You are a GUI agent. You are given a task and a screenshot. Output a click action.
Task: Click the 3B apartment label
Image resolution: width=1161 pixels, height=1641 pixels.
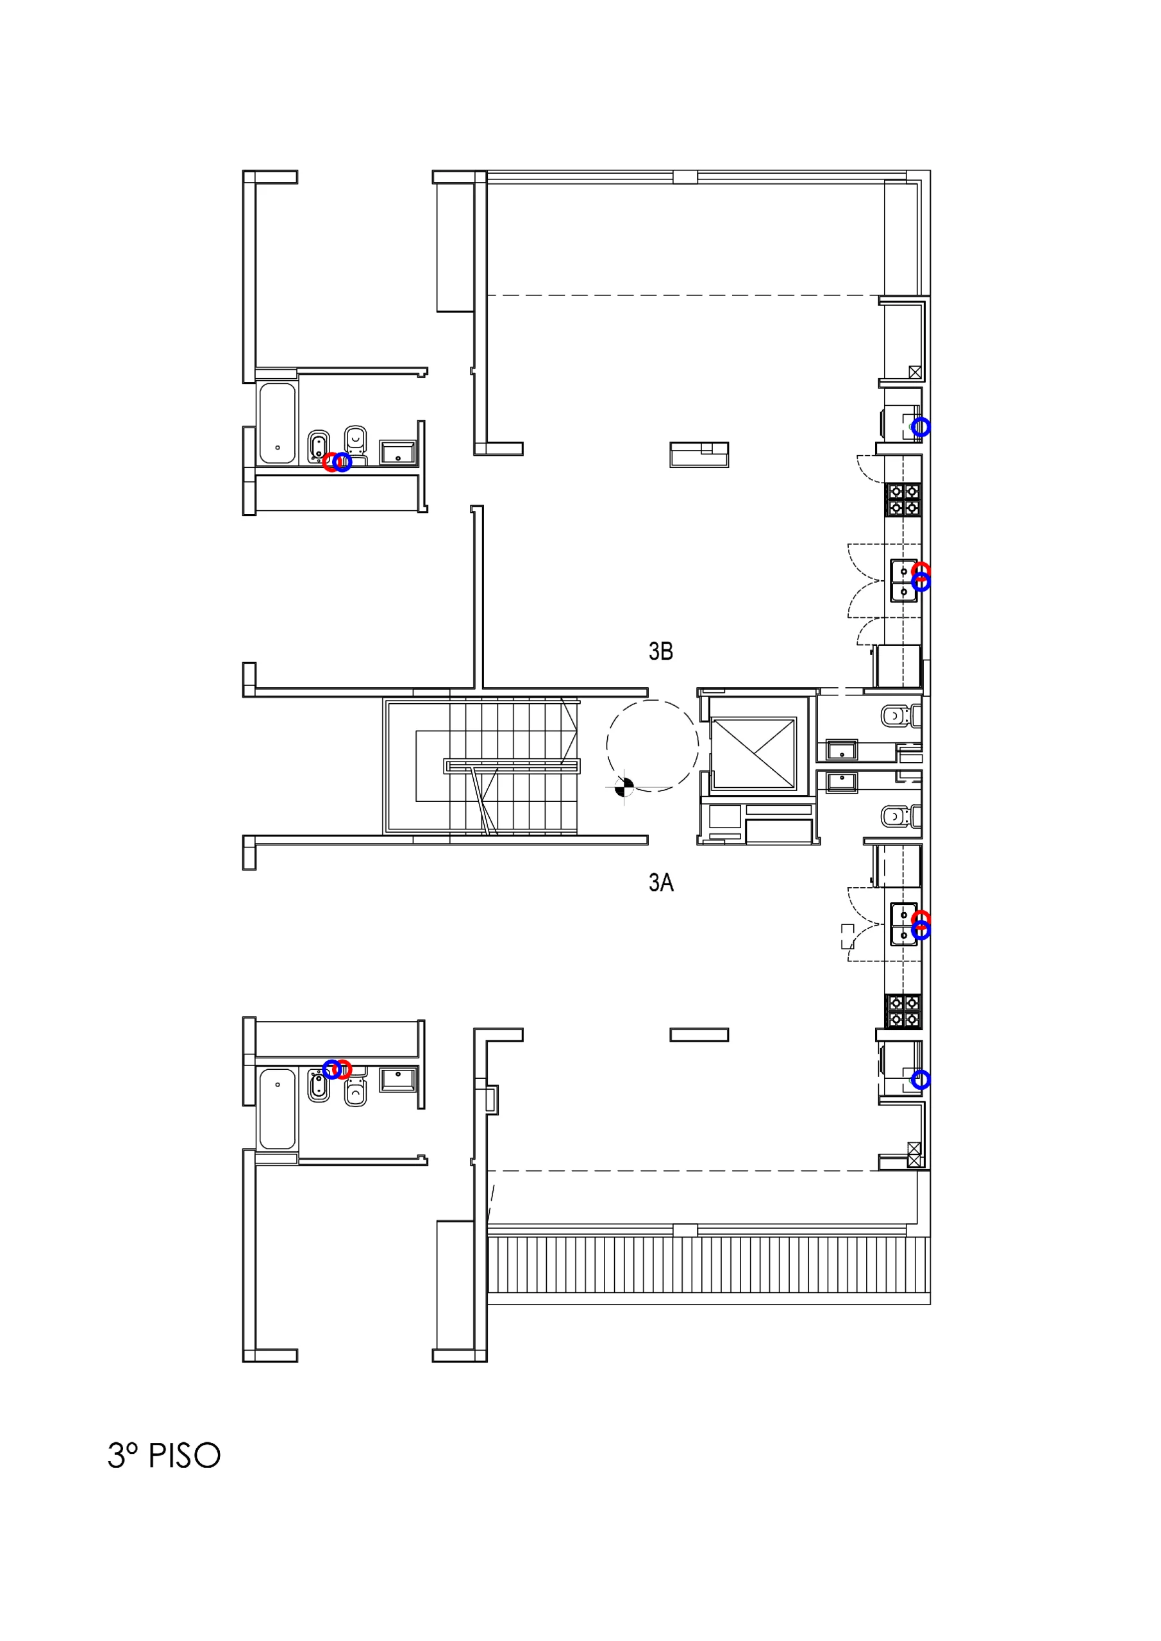(x=660, y=651)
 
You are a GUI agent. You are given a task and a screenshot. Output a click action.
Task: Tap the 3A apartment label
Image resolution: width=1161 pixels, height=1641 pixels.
(x=660, y=883)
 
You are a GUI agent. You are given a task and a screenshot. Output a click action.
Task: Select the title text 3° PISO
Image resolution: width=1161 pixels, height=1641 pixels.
(x=163, y=1455)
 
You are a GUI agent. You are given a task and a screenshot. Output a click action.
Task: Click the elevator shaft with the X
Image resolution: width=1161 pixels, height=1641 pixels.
(x=753, y=753)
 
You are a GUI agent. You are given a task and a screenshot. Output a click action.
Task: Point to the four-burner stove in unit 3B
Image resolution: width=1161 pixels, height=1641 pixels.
(x=903, y=499)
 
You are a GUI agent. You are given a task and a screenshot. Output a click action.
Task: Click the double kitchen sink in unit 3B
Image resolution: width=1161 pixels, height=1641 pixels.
(x=904, y=581)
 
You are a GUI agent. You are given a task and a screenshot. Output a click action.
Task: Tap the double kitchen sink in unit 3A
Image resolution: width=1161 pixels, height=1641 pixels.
(x=904, y=924)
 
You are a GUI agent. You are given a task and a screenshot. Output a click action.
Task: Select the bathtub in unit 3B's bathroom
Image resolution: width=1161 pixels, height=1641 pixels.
(x=278, y=423)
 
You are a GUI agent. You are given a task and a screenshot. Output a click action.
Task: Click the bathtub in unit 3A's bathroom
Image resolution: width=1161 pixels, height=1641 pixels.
(x=278, y=1108)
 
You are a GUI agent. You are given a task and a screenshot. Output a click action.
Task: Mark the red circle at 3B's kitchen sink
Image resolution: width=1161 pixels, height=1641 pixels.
(x=921, y=571)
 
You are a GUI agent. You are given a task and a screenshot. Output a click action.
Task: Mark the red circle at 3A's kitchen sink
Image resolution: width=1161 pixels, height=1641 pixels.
(x=921, y=919)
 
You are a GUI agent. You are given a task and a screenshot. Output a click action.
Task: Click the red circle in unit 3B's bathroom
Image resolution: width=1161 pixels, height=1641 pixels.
(x=330, y=462)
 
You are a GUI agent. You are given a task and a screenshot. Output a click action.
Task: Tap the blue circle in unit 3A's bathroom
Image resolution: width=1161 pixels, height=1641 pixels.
(x=331, y=1069)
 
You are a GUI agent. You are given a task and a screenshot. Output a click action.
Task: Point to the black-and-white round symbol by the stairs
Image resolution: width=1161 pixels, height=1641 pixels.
(x=624, y=787)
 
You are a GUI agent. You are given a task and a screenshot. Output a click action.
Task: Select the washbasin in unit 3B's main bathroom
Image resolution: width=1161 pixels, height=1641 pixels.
(x=397, y=453)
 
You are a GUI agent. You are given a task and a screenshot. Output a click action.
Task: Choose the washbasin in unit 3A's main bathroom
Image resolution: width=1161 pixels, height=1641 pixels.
(x=397, y=1079)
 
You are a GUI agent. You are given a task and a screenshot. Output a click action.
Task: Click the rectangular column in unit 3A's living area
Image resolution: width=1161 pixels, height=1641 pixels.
(x=699, y=1035)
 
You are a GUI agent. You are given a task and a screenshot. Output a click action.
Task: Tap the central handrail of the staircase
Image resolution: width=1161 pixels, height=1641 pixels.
(x=512, y=766)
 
